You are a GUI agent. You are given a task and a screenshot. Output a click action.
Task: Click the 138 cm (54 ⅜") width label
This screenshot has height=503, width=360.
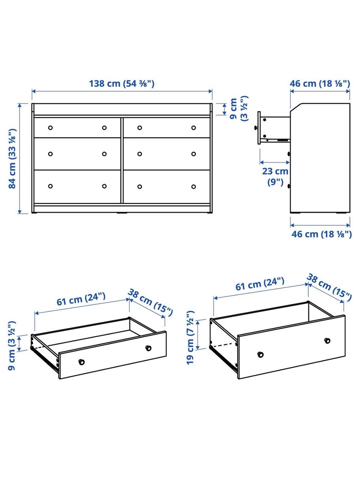122,84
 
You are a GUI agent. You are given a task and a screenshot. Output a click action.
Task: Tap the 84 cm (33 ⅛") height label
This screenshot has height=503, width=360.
13,159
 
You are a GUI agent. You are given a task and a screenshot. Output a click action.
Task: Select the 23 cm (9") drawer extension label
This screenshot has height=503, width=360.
275,177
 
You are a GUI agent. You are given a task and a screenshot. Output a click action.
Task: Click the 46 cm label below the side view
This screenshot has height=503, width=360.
321,234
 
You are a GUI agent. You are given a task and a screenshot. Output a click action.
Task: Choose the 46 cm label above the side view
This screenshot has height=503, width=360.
319,84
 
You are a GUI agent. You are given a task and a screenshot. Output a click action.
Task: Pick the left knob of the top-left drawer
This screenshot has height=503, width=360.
50,128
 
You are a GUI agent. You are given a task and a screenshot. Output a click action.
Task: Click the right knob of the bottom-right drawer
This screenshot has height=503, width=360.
193,186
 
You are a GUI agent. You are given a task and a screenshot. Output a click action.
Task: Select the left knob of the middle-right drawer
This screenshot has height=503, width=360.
139,154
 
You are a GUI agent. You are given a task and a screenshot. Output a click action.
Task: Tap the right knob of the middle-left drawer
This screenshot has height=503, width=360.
104,154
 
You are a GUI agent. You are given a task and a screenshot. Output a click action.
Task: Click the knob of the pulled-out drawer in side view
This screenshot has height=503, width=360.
256,128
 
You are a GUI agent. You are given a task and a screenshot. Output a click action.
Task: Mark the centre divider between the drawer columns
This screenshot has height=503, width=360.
122,160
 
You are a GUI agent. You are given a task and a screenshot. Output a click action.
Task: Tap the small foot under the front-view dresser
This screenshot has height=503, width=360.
122,213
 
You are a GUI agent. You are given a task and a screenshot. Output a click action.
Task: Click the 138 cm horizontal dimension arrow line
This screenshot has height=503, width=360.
122,91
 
